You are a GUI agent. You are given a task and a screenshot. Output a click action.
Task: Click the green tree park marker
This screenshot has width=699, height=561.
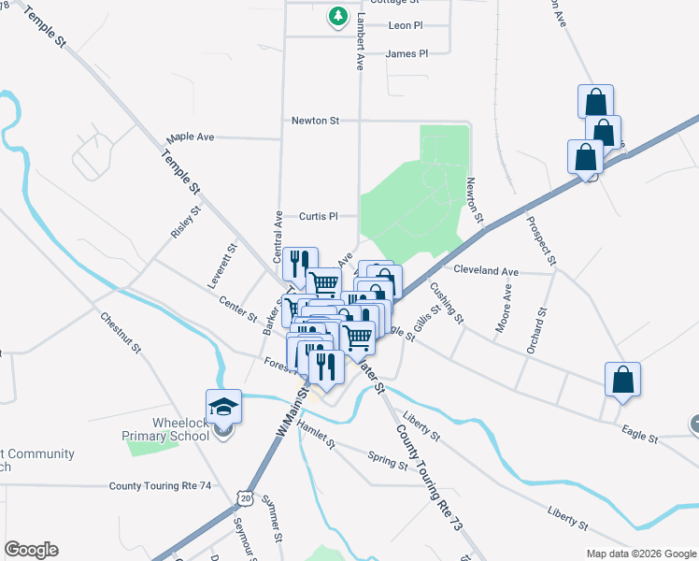(x=337, y=17)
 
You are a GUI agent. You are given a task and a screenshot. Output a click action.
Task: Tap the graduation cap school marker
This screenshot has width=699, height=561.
(x=223, y=407)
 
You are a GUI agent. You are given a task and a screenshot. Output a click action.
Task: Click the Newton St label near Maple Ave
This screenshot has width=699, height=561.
(x=314, y=121)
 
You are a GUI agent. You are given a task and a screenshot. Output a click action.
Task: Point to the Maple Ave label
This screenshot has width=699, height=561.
(x=193, y=137)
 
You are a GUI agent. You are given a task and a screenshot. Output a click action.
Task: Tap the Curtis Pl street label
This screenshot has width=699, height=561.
(x=318, y=216)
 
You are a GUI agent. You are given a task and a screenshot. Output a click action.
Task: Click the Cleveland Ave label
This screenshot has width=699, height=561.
(x=485, y=271)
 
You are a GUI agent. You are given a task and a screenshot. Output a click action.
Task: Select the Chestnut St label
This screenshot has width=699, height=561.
(x=121, y=333)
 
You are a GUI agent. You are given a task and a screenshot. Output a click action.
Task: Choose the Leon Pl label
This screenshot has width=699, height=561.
(x=406, y=25)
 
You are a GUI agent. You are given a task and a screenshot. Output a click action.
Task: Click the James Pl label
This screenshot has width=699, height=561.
(x=406, y=54)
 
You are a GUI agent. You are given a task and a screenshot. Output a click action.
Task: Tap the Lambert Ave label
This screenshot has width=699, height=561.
(x=359, y=42)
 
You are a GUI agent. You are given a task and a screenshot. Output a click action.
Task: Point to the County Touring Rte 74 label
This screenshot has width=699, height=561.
(x=160, y=486)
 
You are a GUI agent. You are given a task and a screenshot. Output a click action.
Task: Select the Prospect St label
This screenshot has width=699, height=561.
(x=541, y=241)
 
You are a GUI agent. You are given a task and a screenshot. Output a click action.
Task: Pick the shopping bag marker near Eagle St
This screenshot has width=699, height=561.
(x=623, y=380)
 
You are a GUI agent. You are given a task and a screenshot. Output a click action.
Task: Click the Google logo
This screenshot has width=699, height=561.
(x=31, y=550)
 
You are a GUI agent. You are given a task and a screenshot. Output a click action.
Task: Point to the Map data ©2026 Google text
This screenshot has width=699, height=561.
(x=640, y=554)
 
